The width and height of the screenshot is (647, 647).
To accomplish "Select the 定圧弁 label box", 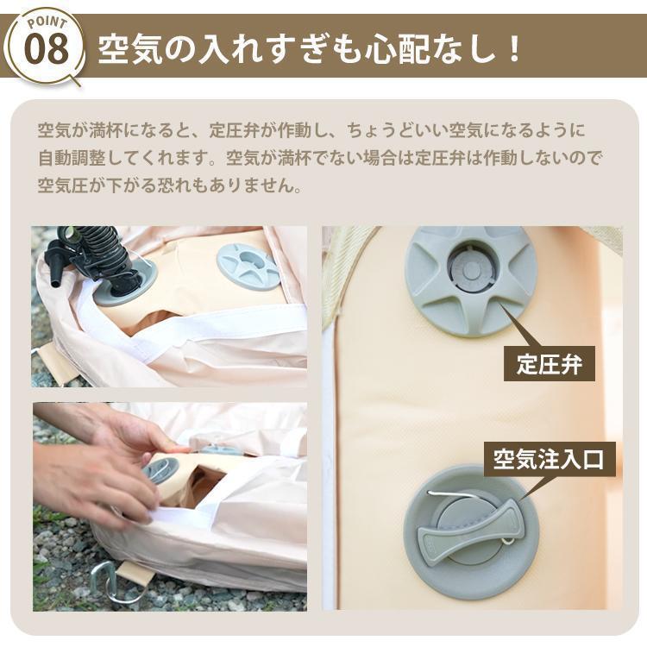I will pos(550,364).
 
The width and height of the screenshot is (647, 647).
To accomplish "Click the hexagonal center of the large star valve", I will pos(469,268).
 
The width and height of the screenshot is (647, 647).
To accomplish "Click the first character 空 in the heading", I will pos(113,49).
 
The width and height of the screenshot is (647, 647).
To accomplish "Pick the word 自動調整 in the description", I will pos(74,159).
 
